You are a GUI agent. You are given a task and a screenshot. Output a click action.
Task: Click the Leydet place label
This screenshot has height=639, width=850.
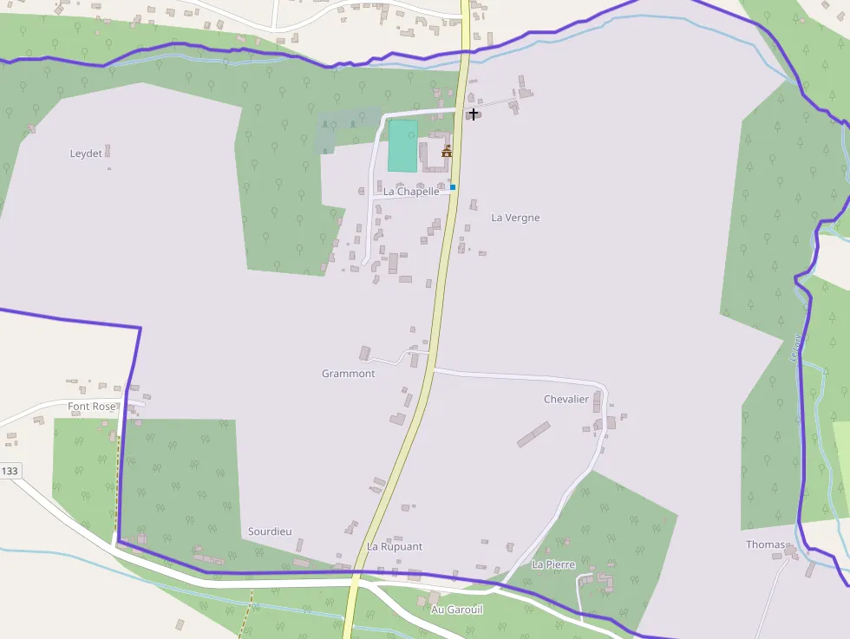pyautogui.click(x=86, y=154)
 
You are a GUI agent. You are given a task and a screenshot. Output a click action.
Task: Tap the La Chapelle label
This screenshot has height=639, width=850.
pyautogui.click(x=412, y=192)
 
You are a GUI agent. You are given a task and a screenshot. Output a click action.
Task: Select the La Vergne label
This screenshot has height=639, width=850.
pyautogui.click(x=515, y=218)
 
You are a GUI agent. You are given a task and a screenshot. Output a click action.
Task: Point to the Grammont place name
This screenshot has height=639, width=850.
pyautogui.click(x=348, y=374)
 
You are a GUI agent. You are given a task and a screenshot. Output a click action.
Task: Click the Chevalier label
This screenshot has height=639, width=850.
pyautogui.click(x=566, y=400)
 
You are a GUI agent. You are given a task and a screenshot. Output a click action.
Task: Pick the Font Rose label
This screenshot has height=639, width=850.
pyautogui.click(x=91, y=407)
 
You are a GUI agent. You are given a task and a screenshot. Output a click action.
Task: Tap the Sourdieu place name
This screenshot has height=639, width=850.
pyautogui.click(x=270, y=531)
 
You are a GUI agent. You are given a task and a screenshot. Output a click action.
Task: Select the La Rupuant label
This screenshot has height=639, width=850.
pyautogui.click(x=395, y=547)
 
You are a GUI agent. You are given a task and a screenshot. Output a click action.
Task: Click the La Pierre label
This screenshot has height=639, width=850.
pyautogui.click(x=553, y=564)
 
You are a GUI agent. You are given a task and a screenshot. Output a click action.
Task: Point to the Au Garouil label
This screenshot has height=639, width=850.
pyautogui.click(x=457, y=610)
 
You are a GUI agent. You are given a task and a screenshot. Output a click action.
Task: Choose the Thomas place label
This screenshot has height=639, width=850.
pyautogui.click(x=765, y=545)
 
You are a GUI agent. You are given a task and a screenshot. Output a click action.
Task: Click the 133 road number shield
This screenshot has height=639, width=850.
pyautogui.click(x=10, y=471)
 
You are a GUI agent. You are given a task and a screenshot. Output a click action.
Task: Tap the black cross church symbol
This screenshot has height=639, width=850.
pyautogui.click(x=473, y=114)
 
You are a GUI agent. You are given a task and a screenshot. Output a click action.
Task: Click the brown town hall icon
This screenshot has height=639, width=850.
pyautogui.click(x=447, y=152)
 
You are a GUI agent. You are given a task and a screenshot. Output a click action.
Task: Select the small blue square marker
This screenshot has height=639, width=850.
pyautogui.click(x=453, y=187)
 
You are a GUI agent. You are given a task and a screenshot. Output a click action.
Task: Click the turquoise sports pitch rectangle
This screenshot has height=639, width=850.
pyautogui.click(x=402, y=146)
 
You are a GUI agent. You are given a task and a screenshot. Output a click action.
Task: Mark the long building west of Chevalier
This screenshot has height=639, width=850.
pyautogui.click(x=533, y=434)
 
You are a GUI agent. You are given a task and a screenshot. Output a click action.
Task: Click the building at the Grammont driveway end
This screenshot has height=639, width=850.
pyautogui.click(x=365, y=353)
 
